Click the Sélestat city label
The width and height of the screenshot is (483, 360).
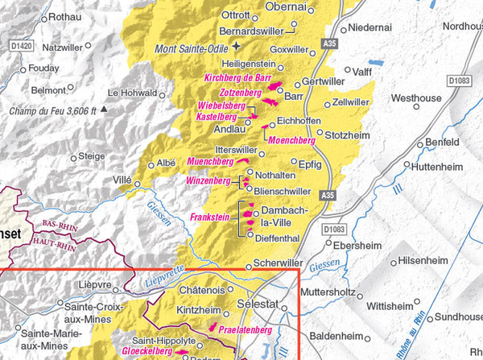coord(258,305)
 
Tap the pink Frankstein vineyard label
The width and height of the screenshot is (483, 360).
coord(210,217)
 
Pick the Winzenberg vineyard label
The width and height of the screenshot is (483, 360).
coord(208,180)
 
